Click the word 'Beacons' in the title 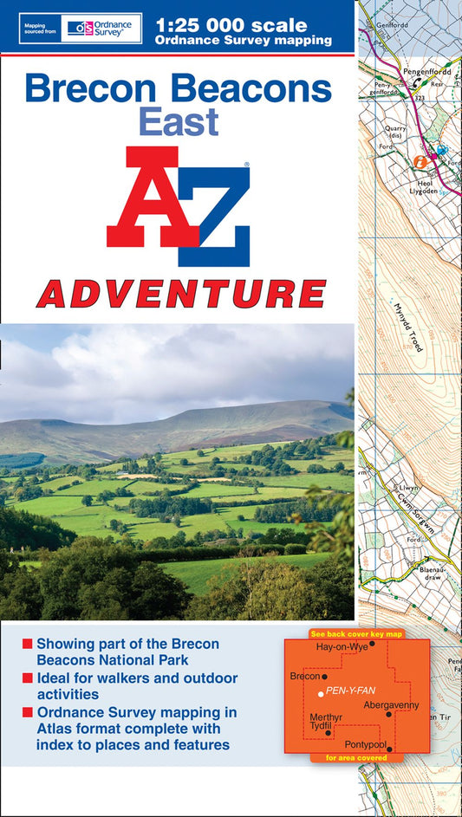[x=252, y=89]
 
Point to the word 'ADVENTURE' [x=181, y=295]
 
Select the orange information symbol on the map [x=420, y=161]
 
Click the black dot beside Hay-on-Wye [x=372, y=644]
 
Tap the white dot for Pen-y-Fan [x=321, y=693]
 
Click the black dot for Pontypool [x=391, y=749]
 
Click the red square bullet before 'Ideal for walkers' [x=28, y=678]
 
